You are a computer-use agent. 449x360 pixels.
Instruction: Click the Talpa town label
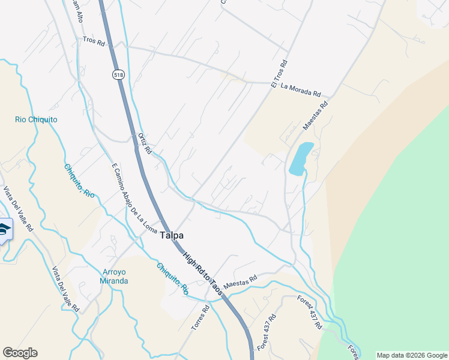pyautogui.click(x=171, y=236)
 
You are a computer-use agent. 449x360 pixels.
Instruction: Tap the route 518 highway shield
pyautogui.click(x=117, y=74)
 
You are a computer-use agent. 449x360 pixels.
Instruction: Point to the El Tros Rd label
pyautogui.click(x=280, y=74)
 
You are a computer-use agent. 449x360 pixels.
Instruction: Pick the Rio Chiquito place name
pyautogui.click(x=36, y=119)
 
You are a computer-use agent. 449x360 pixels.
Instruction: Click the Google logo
pyautogui.click(x=20, y=353)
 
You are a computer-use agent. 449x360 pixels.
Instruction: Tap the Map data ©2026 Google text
pyautogui.click(x=411, y=355)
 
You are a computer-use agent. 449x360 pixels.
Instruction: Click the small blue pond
pyautogui.click(x=301, y=158)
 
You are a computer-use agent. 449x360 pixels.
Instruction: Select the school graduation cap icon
pyautogui.click(x=4, y=230)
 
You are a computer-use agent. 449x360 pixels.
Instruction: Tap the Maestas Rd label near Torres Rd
pyautogui.click(x=240, y=281)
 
